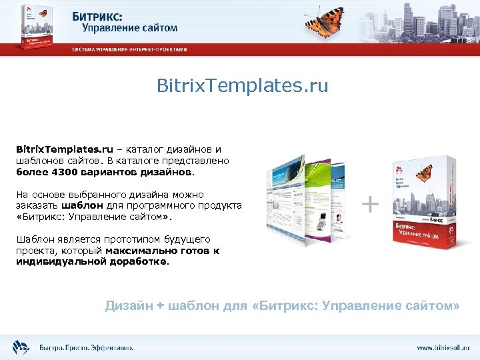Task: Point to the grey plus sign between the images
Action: click(x=370, y=204)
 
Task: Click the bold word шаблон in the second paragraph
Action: click(x=79, y=205)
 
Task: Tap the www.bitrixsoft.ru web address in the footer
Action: click(x=444, y=347)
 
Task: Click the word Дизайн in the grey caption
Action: click(x=129, y=305)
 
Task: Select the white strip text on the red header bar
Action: click(x=129, y=49)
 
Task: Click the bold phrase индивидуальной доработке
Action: click(x=92, y=261)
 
